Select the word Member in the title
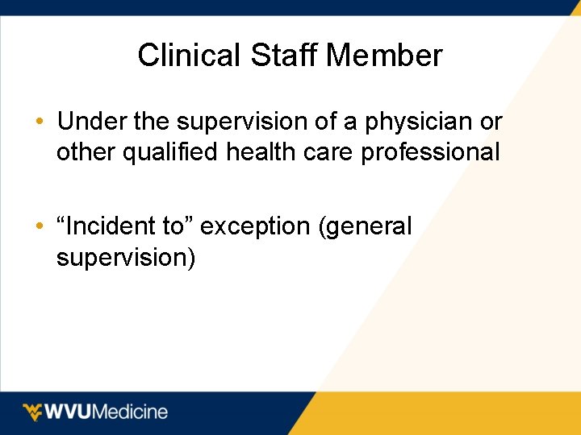[385, 56]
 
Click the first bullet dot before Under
[40, 122]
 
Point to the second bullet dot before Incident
[40, 227]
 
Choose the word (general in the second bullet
[366, 228]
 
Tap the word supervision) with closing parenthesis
[125, 258]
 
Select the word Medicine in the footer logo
[132, 412]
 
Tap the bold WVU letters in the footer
[70, 412]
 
